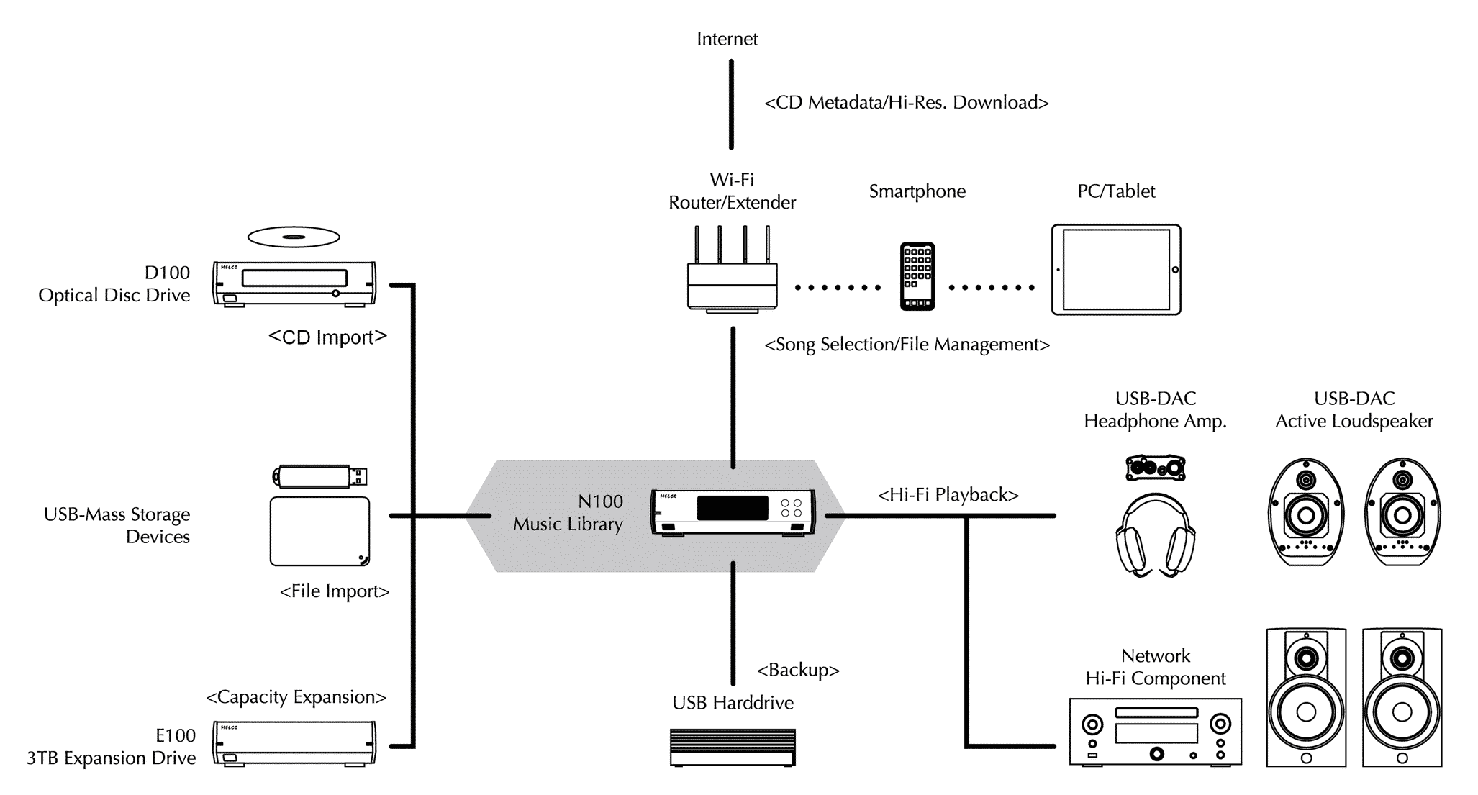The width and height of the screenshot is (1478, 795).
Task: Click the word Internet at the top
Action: [x=727, y=39]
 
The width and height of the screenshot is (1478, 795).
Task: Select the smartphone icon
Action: [x=917, y=276]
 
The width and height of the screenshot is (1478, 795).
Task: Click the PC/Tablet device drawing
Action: [x=1116, y=270]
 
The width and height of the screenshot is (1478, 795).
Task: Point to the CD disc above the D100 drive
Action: [x=294, y=237]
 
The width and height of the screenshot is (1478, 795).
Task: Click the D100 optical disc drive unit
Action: [x=294, y=283]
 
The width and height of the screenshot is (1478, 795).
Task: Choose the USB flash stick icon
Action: [x=320, y=476]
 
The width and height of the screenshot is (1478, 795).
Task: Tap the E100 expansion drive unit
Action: [x=294, y=742]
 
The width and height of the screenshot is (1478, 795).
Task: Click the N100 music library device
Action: [x=733, y=512]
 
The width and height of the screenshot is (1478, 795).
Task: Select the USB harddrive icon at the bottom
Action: [x=733, y=748]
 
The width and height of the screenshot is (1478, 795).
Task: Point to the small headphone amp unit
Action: [x=1156, y=468]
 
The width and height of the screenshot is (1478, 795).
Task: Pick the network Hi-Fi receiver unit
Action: [x=1156, y=731]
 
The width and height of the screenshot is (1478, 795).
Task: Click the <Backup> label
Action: [x=798, y=670]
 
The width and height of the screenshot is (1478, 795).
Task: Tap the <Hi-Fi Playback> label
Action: [x=948, y=495]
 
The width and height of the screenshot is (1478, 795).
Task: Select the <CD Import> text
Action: [x=327, y=337]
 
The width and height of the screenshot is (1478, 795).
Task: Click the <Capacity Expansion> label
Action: [x=296, y=696]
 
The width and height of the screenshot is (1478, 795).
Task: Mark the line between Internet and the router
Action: [x=731, y=104]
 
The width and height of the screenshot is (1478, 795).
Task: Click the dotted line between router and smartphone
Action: [x=838, y=288]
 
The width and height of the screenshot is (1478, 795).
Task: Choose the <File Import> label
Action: [x=335, y=591]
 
